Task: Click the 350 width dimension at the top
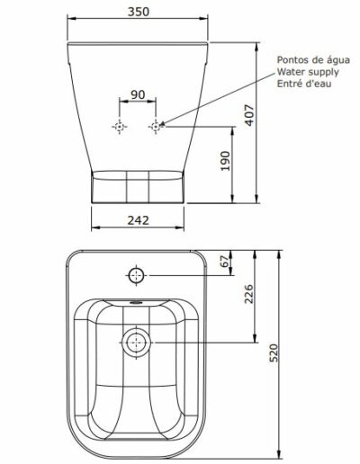[x=138, y=13]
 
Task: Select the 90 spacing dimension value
[x=138, y=94]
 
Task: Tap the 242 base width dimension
[x=138, y=218]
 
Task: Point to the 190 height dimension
[x=225, y=161]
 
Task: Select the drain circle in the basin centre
[x=137, y=342]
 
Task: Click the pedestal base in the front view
[x=138, y=187]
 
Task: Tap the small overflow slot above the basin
[x=137, y=303]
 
